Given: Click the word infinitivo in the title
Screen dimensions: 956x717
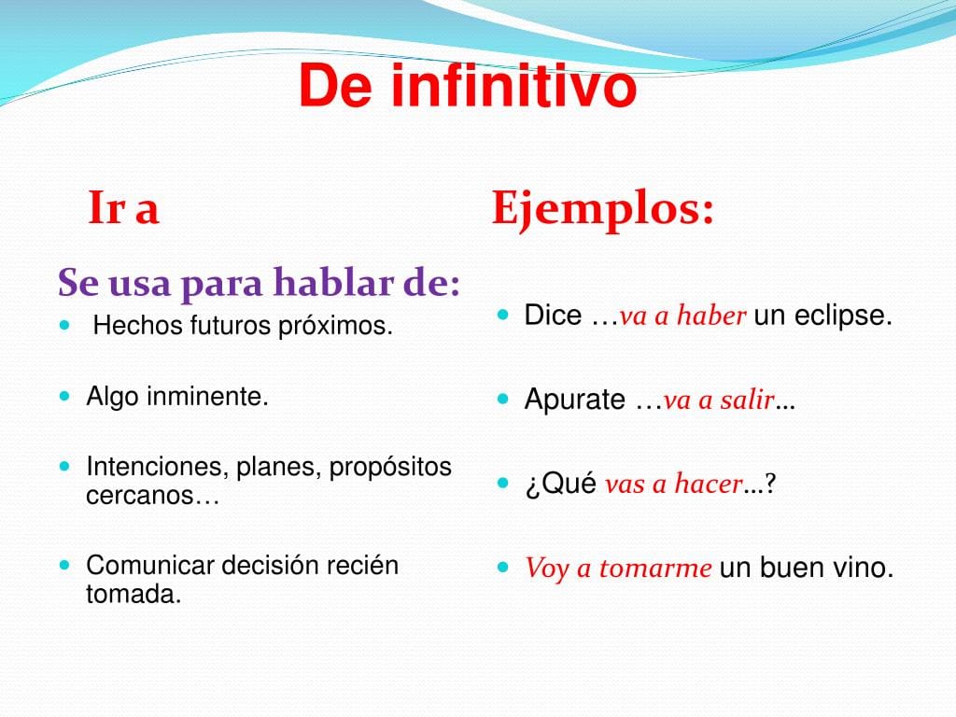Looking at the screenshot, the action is (514, 86).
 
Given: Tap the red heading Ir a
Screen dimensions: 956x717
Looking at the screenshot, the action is (124, 208).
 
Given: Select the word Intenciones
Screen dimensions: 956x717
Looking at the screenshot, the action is (158, 467).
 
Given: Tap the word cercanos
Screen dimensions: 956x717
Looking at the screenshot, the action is (140, 496).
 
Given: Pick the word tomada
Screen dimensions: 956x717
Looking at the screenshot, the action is (134, 594).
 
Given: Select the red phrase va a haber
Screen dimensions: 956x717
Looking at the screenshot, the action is (682, 316).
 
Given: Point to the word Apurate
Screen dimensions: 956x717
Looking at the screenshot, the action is (575, 400).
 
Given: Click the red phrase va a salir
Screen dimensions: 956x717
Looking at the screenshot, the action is (719, 400).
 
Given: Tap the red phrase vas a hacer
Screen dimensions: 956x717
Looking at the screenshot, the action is (674, 485).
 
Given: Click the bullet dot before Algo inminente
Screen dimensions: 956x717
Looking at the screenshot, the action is (65, 396).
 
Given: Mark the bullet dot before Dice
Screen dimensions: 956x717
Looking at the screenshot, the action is (502, 316).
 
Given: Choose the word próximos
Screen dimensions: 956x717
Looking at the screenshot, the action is (335, 326).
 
